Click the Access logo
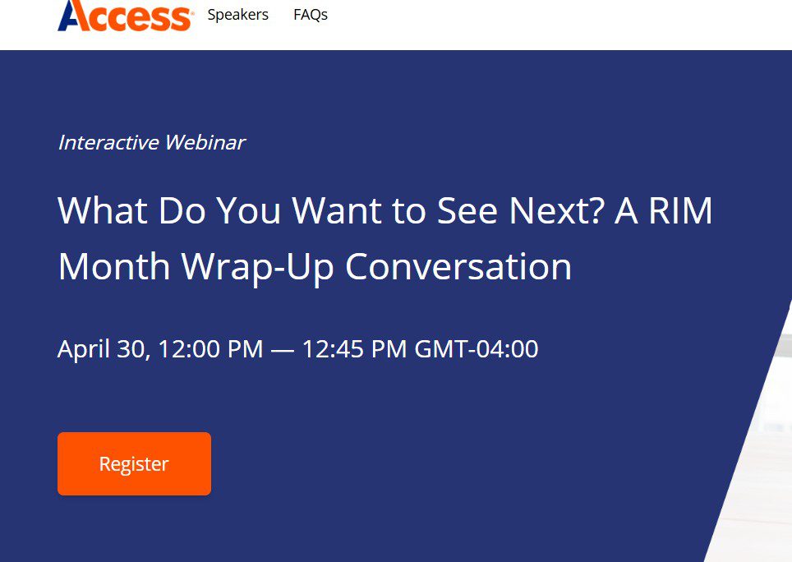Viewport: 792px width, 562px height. (x=126, y=15)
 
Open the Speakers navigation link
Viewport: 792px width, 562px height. (x=237, y=15)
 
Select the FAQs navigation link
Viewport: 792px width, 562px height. (x=311, y=15)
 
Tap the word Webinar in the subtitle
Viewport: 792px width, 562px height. (x=205, y=142)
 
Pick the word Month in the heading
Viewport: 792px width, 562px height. (x=114, y=267)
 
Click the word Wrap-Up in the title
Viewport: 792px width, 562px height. (x=257, y=267)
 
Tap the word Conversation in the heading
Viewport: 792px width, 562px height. (x=458, y=267)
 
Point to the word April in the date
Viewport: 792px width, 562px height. (x=84, y=349)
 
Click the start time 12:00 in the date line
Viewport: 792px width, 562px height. (x=190, y=349)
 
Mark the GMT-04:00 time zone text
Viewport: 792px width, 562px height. (x=477, y=349)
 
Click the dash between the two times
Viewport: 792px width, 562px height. (x=283, y=349)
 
